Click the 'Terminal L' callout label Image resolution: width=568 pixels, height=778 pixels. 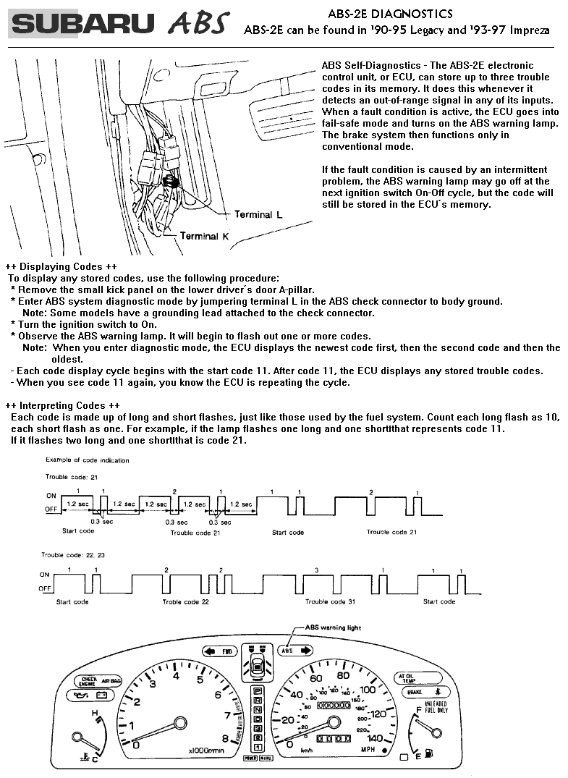tap(253, 215)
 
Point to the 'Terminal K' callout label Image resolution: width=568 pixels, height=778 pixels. tap(204, 236)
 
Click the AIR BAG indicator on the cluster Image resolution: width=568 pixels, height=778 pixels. tap(111, 681)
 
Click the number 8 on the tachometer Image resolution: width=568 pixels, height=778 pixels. tap(225, 739)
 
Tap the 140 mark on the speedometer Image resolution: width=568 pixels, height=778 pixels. tap(374, 738)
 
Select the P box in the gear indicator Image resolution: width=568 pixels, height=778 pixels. tap(257, 692)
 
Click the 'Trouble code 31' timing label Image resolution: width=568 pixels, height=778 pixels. tap(330, 602)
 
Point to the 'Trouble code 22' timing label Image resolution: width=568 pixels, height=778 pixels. tap(186, 602)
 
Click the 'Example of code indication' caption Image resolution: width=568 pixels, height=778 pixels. tap(88, 460)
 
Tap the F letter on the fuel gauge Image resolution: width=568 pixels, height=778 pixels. tap(419, 711)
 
